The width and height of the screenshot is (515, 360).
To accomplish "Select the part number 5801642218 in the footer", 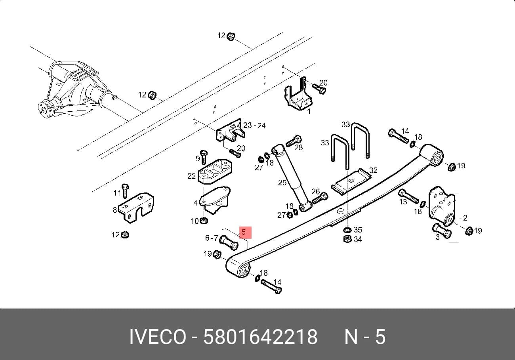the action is (x=260, y=337).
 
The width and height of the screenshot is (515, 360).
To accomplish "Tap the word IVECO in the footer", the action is (x=158, y=337).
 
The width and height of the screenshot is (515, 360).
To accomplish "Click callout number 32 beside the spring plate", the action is (x=373, y=170).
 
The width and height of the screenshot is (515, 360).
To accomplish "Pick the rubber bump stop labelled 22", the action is (x=215, y=171).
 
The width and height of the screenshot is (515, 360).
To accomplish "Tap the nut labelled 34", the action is (x=347, y=239).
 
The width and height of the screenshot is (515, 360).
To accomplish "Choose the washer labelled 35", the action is (x=347, y=230).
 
